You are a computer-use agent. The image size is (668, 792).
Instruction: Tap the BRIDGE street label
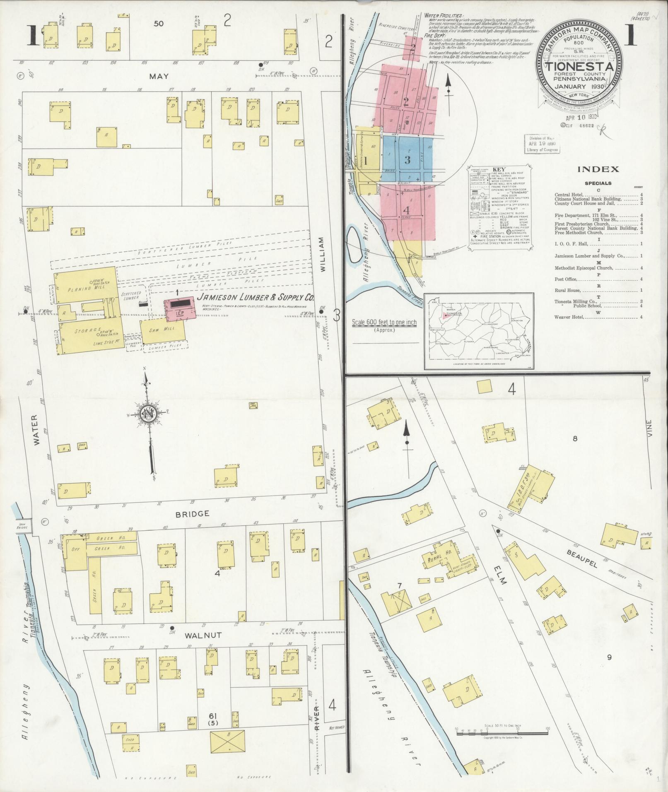point(193,513)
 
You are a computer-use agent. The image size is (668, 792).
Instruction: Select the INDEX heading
point(598,169)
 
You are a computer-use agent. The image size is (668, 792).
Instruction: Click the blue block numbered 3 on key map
point(407,160)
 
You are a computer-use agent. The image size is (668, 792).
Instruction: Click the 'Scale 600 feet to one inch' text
point(384,323)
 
